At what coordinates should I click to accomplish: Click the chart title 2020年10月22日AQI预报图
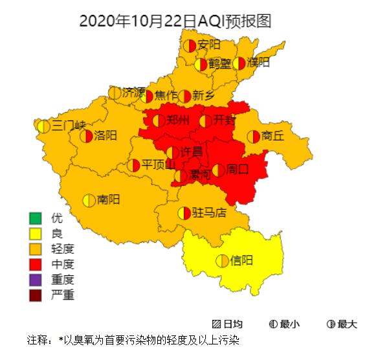click(175, 21)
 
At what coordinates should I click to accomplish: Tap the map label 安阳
click(209, 45)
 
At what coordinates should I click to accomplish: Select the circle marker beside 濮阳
click(239, 63)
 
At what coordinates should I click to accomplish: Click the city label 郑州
click(178, 120)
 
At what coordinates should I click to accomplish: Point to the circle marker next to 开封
click(205, 120)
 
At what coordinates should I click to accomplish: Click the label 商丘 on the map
click(272, 136)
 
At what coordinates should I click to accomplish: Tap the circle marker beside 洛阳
click(86, 136)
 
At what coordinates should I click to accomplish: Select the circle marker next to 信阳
click(222, 261)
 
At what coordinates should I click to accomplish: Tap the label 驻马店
click(209, 212)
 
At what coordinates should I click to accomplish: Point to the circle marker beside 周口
click(219, 170)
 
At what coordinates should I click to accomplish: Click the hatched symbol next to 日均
click(216, 324)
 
